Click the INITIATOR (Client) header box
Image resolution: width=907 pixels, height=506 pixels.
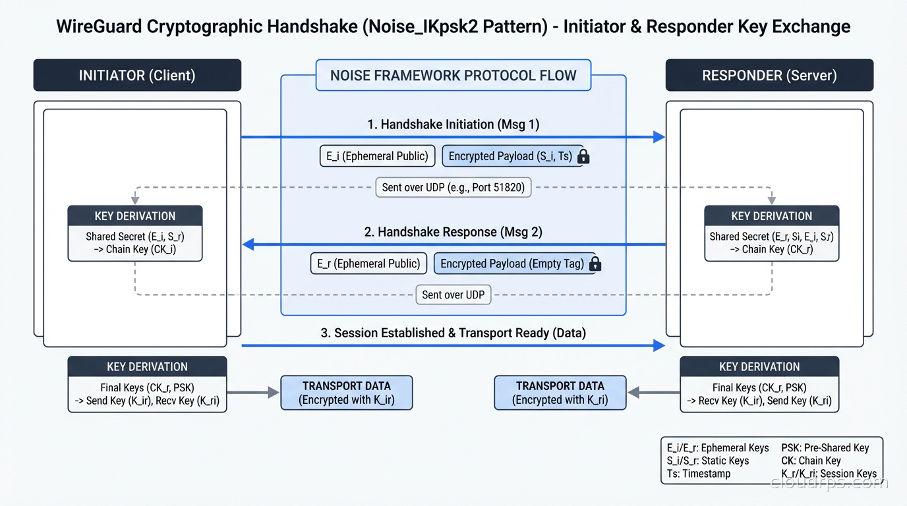coord(137,75)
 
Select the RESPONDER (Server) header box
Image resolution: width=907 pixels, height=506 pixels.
coord(769,75)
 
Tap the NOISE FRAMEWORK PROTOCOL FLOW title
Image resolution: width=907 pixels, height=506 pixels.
coord(453,75)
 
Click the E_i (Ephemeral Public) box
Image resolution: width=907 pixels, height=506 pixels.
coord(377,156)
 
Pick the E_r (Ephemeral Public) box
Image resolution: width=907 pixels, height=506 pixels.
coord(368,264)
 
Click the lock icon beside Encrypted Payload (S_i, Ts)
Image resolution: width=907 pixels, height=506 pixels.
coord(583,157)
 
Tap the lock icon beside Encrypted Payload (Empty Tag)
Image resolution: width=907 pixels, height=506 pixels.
coord(595,264)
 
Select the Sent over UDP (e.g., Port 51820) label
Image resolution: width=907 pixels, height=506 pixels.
coord(453,187)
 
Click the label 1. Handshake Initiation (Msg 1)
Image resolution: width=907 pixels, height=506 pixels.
coord(453,124)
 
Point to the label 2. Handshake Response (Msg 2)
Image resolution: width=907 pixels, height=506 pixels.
coord(453,232)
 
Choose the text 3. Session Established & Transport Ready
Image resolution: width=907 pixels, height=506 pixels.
coord(453,333)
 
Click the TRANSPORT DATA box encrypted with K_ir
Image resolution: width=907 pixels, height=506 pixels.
coord(347,393)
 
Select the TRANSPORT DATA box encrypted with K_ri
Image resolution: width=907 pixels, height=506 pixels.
coord(560,393)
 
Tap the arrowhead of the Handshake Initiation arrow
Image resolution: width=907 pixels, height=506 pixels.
coord(658,137)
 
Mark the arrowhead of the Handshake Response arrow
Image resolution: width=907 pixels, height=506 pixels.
coord(249,245)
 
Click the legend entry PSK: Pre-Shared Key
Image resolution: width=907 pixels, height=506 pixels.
coord(825,448)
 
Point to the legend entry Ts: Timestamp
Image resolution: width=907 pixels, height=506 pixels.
coord(699,474)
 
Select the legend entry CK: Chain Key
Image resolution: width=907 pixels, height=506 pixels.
coord(811,461)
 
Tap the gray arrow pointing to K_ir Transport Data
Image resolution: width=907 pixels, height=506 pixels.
coord(254,393)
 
